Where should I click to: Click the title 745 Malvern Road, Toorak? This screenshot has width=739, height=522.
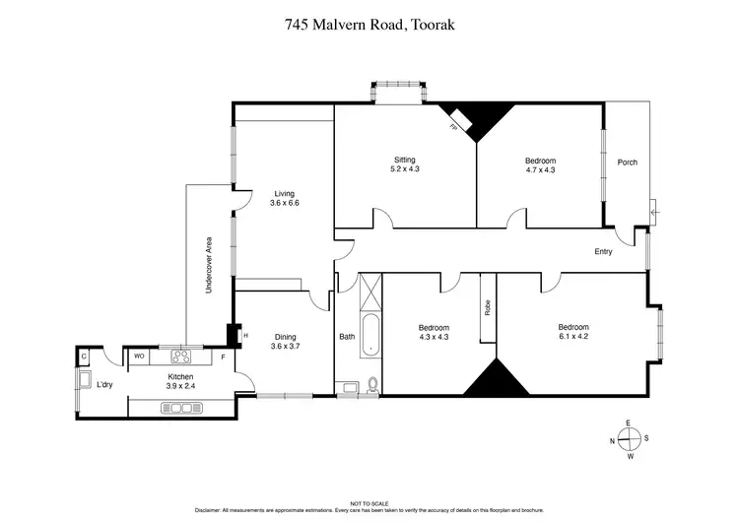pyautogui.click(x=369, y=27)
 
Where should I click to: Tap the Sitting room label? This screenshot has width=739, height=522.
pyautogui.click(x=405, y=164)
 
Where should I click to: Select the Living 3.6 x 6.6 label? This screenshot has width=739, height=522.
pyautogui.click(x=284, y=198)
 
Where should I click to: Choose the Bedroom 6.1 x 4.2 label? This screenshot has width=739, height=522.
pyautogui.click(x=573, y=332)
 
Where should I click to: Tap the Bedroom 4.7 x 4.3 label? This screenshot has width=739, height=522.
pyautogui.click(x=540, y=165)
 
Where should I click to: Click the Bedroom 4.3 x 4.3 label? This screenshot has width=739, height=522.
pyautogui.click(x=434, y=332)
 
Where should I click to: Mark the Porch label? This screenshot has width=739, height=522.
pyautogui.click(x=627, y=163)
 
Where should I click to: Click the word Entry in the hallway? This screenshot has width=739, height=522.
pyautogui.click(x=603, y=251)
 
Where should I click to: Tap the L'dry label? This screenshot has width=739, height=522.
pyautogui.click(x=104, y=384)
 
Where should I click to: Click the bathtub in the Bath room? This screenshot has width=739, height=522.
pyautogui.click(x=367, y=335)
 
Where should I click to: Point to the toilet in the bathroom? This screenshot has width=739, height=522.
pyautogui.click(x=370, y=385)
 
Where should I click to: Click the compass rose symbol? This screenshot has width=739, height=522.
pyautogui.click(x=629, y=439)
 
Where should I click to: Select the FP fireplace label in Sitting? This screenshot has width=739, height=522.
pyautogui.click(x=454, y=127)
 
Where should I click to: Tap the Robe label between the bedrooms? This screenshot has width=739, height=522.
pyautogui.click(x=487, y=307)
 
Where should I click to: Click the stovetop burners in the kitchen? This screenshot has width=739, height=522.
pyautogui.click(x=180, y=357)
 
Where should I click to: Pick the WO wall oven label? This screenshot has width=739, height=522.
pyautogui.click(x=139, y=356)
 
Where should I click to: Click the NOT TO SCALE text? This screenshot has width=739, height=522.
pyautogui.click(x=369, y=502)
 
